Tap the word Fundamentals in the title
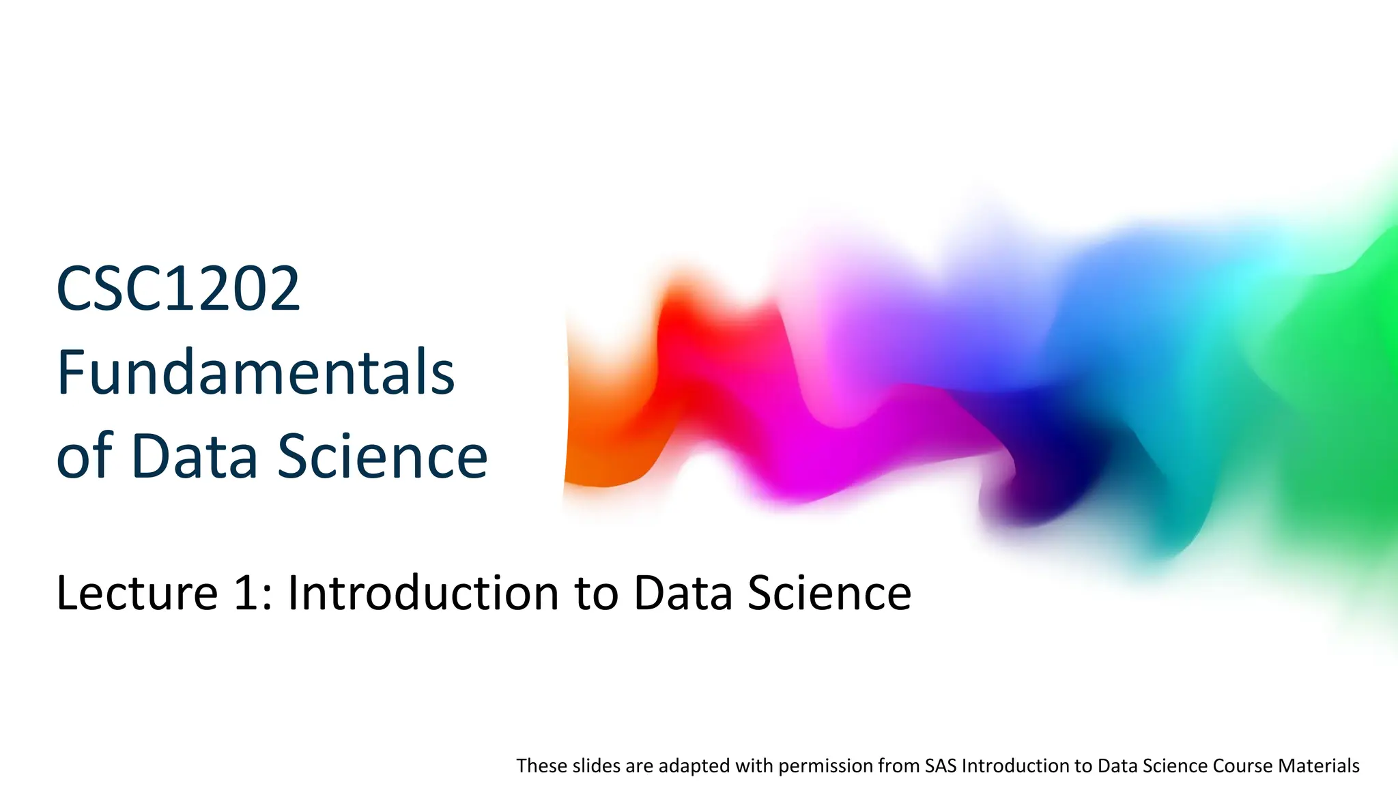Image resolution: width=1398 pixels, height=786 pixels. [x=255, y=373]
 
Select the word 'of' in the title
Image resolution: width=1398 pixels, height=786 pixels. [x=84, y=456]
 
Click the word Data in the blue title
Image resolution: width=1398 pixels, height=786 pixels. [x=194, y=456]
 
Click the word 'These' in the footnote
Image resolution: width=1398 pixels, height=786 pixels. [x=542, y=766]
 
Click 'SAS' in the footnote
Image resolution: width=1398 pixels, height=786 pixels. [x=941, y=766]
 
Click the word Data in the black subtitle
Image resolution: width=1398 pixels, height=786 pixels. [x=685, y=592]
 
